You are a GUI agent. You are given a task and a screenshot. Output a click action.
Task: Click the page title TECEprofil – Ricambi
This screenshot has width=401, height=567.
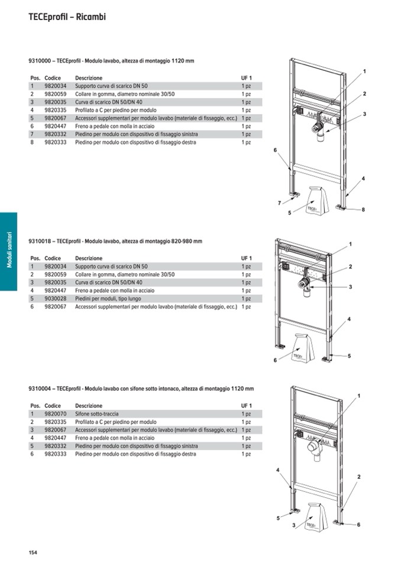point(67,17)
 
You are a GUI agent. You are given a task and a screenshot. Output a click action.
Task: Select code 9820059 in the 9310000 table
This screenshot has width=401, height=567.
point(56,94)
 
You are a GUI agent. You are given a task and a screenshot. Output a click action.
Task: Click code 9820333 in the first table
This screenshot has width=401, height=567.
point(56,142)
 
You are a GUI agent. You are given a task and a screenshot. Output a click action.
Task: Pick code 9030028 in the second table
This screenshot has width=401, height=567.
point(56,299)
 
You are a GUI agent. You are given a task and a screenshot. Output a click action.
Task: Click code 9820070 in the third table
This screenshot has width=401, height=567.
point(56,414)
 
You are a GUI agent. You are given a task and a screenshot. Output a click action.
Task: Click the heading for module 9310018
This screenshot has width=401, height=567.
point(115,241)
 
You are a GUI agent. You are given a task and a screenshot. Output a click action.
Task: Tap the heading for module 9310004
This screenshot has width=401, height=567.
point(141,388)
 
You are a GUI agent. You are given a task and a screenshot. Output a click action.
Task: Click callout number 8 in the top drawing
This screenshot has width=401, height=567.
point(363,209)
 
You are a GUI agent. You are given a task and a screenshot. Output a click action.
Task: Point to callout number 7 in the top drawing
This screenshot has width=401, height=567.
point(279,203)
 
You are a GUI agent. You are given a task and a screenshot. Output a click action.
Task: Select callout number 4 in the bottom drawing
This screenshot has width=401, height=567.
point(277,469)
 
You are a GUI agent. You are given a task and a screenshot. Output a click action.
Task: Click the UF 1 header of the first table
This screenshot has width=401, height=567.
point(246,78)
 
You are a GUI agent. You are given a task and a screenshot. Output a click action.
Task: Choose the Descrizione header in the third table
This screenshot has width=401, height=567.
point(89,406)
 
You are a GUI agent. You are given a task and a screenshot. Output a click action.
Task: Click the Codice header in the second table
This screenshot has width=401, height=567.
point(53,258)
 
